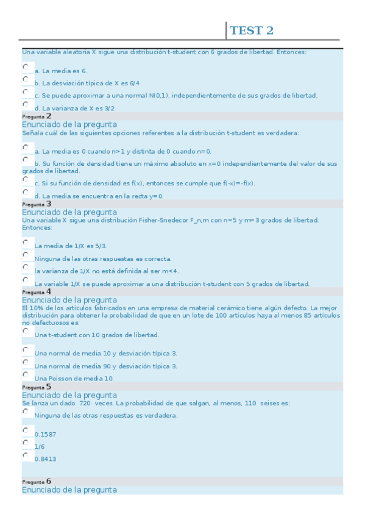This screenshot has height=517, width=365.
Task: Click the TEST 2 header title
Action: pos(251,30)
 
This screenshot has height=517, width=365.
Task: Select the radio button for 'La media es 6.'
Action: pos(26,66)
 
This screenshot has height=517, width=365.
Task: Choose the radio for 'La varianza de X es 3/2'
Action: pos(26,104)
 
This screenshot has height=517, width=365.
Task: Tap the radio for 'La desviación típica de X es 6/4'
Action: pos(26,79)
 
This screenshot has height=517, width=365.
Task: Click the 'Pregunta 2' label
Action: pos(37,116)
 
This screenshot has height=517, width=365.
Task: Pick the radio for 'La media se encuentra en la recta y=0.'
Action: pos(26,192)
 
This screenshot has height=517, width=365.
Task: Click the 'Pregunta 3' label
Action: pos(37,204)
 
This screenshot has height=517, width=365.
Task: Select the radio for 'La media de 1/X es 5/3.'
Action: pos(26,242)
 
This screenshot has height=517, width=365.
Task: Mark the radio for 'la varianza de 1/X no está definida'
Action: pos(26,267)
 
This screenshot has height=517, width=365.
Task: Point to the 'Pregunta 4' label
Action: pos(37,292)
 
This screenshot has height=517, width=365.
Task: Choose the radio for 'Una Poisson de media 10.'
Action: pos(26,374)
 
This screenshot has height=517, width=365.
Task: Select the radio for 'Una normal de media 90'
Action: pos(26,362)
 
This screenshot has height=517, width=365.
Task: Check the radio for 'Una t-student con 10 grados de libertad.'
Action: pos(26,331)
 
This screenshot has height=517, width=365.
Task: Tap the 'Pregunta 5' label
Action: pos(37,387)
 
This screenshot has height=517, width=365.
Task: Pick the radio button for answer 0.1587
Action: pos(26,430)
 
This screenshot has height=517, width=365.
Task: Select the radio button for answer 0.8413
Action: pos(26,455)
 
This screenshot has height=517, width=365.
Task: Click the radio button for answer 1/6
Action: pos(26,443)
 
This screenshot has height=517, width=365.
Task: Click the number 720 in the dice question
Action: pos(85,404)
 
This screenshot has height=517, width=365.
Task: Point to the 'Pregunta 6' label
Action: pos(37,482)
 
